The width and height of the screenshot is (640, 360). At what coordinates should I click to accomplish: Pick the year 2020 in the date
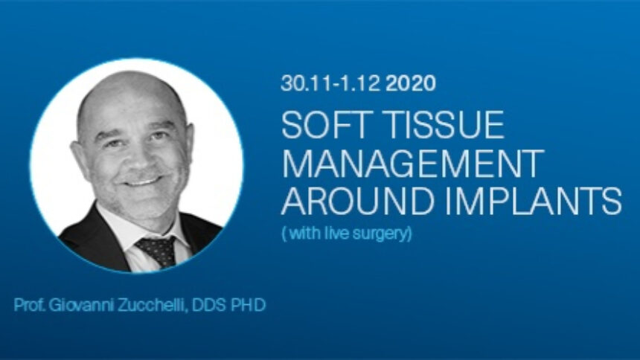[x=411, y=83]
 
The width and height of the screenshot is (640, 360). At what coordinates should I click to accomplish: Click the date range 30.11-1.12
[x=330, y=83]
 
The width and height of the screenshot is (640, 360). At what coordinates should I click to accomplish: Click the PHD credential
[x=249, y=305]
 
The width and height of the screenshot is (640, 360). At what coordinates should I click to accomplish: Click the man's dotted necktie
[x=158, y=250]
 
